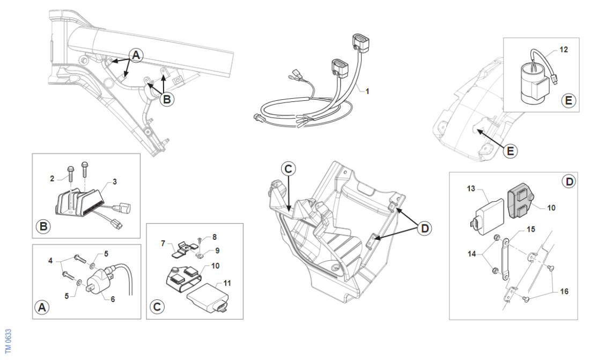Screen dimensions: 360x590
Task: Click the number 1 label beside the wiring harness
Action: [x=367, y=91]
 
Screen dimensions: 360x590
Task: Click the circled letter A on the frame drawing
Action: [x=137, y=54]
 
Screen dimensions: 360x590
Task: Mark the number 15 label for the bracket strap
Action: [x=531, y=230]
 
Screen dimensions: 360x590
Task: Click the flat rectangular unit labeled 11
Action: [x=206, y=299]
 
